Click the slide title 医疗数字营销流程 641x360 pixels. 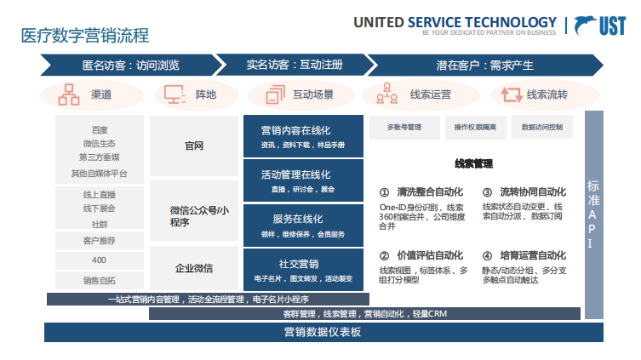85,36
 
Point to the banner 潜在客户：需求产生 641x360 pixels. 473,65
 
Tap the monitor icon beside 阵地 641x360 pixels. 175,94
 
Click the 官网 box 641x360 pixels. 194,146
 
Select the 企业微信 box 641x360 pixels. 194,269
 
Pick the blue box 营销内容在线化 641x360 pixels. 290,136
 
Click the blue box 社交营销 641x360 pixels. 290,269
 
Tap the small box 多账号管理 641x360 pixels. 404,128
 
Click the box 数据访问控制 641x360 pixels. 541,128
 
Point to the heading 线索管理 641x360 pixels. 473,163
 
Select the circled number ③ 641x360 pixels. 487,193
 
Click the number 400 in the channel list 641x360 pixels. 100,260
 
